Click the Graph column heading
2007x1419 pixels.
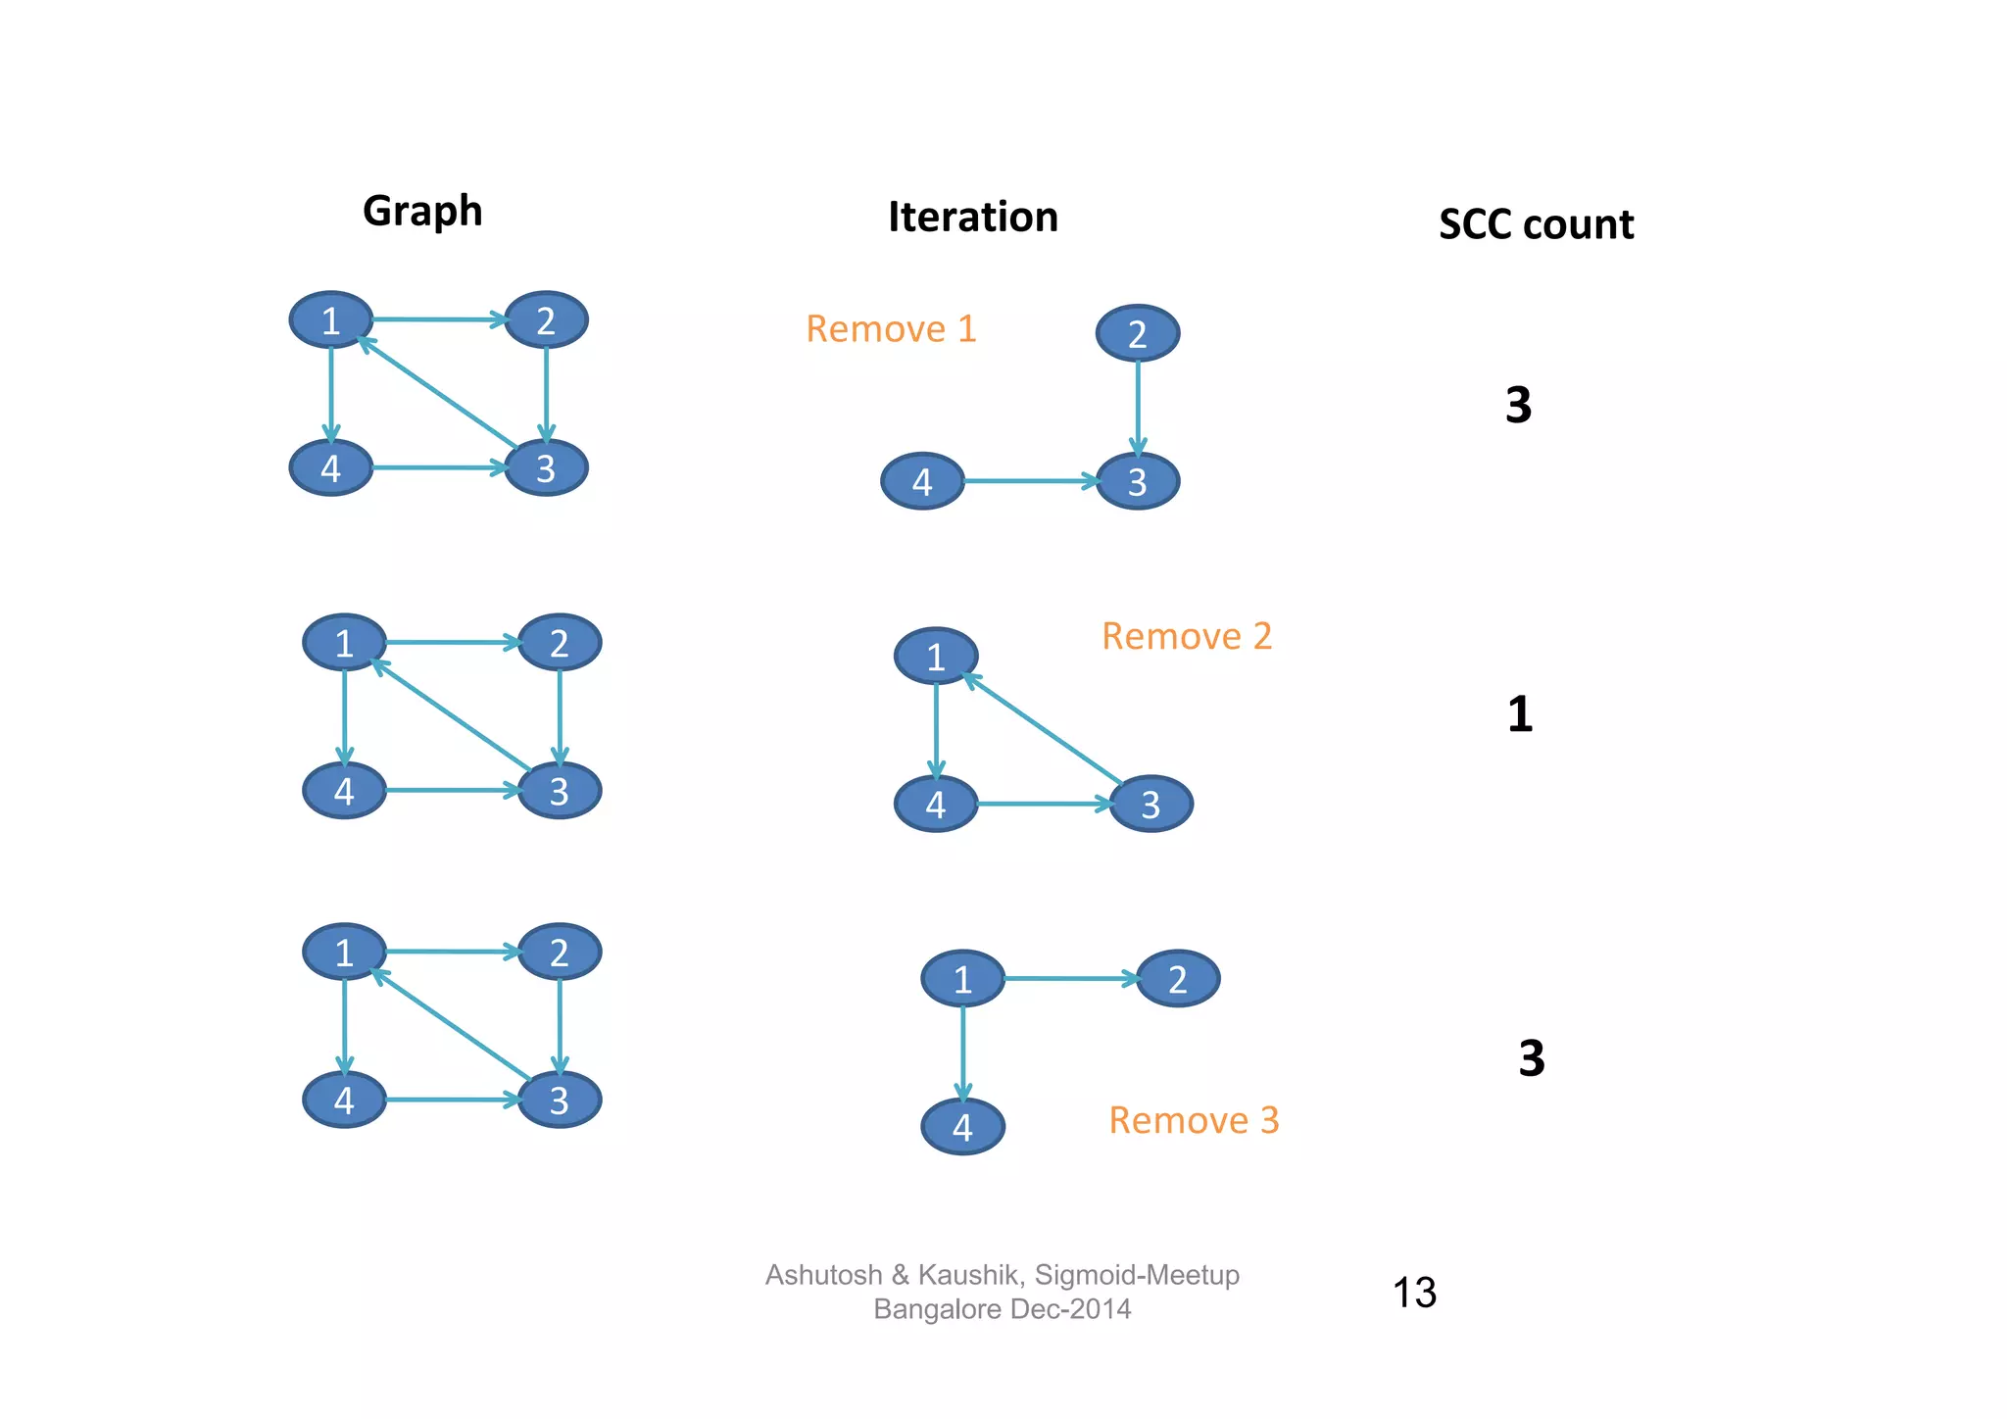[422, 212]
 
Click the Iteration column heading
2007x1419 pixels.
[972, 218]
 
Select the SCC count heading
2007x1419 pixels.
[1536, 225]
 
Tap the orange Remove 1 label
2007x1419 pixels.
[891, 329]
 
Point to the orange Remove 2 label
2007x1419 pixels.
[1187, 637]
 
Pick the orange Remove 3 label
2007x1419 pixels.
[1194, 1121]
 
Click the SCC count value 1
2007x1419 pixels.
[1519, 714]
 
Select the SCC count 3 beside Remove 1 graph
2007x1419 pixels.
[1518, 405]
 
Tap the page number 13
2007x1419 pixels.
[1414, 1293]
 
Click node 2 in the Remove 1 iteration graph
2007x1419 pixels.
[1137, 334]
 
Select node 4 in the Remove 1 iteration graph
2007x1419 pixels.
[922, 481]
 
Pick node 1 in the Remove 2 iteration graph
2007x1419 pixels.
[936, 657]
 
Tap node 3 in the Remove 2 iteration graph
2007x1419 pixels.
[1150, 805]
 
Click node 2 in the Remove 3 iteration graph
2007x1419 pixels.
[1178, 979]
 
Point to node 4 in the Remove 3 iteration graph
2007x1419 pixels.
[962, 1127]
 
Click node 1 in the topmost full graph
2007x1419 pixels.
[331, 320]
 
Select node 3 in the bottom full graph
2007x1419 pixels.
[559, 1101]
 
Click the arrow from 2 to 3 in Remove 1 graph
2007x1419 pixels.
[1137, 407]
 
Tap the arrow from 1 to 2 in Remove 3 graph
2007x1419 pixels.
[1070, 978]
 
